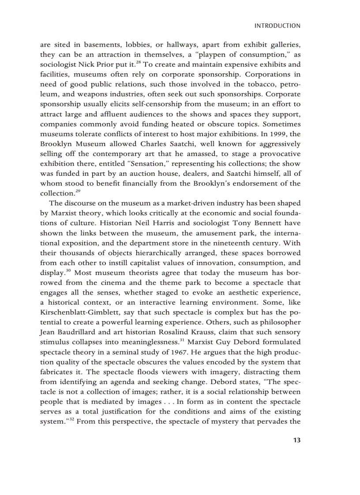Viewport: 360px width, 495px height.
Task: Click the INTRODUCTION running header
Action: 277,26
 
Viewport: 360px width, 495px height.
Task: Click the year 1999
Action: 281,134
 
